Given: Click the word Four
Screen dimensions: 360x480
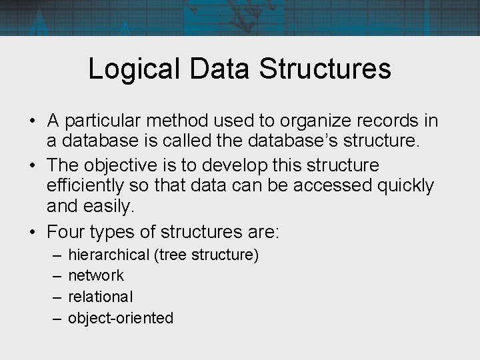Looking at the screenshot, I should tap(65, 231).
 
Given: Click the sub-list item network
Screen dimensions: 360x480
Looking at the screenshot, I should tap(96, 275).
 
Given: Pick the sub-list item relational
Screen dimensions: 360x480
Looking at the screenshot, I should tap(101, 297).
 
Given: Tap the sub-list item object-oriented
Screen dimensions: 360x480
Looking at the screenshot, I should tap(121, 318).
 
